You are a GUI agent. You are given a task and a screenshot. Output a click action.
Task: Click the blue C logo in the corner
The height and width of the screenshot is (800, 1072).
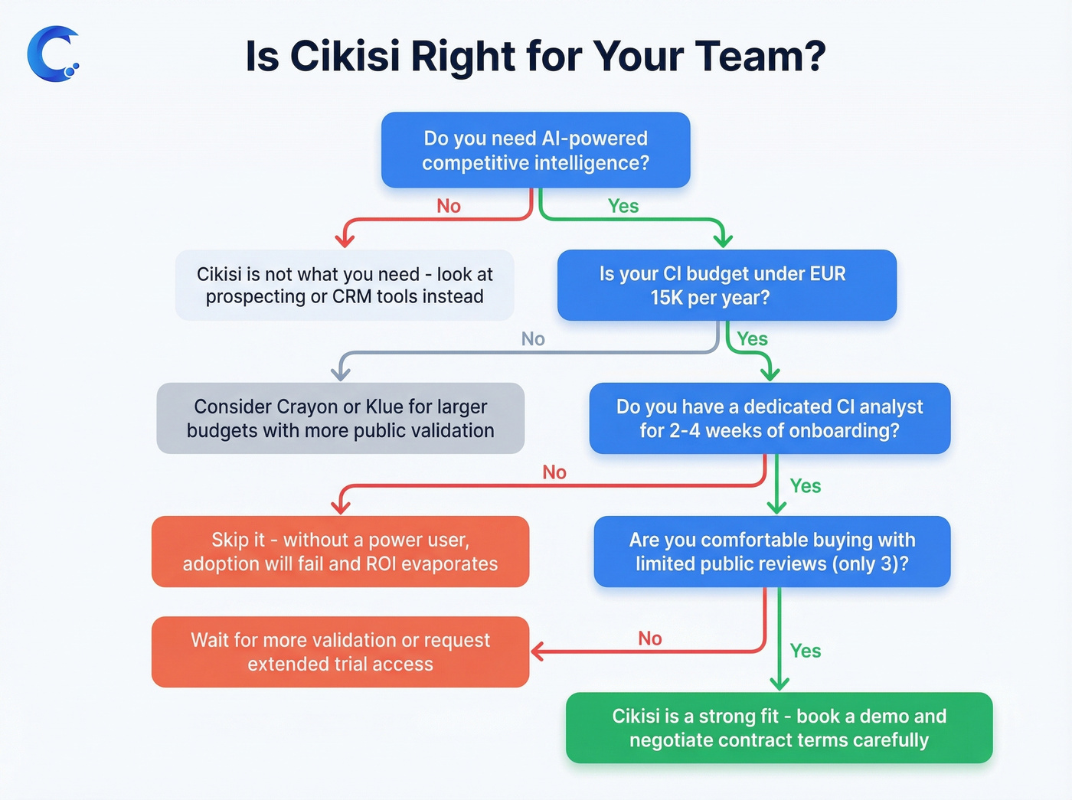(52, 54)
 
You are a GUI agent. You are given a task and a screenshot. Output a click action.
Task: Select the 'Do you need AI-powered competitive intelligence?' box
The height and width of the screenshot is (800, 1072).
(535, 150)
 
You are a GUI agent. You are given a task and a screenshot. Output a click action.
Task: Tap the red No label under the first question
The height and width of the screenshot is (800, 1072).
(449, 206)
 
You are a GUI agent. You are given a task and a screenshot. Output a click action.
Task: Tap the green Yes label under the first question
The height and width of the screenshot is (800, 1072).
(623, 206)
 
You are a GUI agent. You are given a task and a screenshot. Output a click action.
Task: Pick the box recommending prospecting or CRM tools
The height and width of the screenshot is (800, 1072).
(345, 285)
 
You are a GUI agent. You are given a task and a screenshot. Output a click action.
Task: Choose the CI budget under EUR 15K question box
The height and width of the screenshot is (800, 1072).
(726, 285)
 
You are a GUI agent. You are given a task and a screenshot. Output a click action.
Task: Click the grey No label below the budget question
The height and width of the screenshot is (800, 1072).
(533, 339)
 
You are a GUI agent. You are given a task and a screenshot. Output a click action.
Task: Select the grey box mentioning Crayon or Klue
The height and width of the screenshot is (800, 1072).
(340, 418)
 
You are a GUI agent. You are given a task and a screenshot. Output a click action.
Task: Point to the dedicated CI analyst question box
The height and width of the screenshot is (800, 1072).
(770, 418)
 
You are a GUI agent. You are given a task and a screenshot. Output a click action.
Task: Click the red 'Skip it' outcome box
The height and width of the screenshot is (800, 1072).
(340, 551)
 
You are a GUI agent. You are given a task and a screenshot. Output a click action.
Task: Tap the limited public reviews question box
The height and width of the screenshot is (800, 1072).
(772, 551)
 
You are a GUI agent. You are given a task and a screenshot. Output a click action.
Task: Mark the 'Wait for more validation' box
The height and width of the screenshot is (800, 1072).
(340, 651)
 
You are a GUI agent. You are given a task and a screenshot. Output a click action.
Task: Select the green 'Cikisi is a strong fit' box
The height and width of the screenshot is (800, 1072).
(779, 727)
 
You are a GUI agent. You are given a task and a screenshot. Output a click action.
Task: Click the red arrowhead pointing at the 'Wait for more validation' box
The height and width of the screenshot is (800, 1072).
(538, 651)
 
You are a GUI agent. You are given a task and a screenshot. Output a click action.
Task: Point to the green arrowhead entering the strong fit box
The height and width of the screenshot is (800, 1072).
(779, 684)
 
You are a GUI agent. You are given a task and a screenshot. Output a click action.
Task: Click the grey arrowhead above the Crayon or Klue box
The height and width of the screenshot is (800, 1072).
(341, 374)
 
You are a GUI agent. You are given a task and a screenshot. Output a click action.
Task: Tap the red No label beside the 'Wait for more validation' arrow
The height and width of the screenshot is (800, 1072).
(650, 638)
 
